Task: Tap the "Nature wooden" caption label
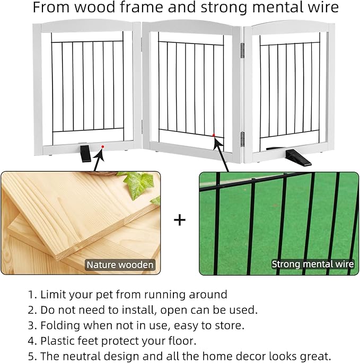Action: click(120, 264)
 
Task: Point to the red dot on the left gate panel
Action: click(103, 146)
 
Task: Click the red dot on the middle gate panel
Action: click(213, 136)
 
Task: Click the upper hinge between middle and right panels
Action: click(243, 50)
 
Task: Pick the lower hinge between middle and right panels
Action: click(243, 139)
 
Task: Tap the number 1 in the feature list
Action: click(31, 295)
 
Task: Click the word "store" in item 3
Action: click(231, 325)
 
